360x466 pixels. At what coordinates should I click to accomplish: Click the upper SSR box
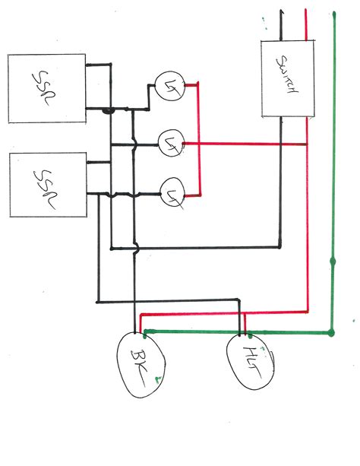coord(46,87)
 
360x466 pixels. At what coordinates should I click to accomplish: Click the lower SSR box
coord(46,185)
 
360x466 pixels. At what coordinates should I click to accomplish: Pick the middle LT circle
coord(171,142)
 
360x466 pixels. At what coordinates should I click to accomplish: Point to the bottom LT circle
coord(174,194)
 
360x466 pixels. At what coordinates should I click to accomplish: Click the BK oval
coord(141,364)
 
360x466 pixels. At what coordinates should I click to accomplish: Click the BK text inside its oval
coord(142,363)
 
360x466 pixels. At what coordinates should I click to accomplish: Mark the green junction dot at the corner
coord(332,332)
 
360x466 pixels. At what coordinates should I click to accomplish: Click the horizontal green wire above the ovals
coord(228,331)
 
